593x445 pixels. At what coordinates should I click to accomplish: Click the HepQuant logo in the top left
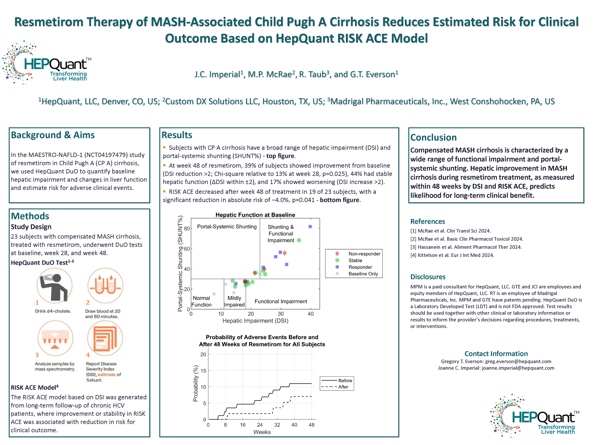47,63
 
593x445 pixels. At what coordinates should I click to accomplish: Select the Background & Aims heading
53,135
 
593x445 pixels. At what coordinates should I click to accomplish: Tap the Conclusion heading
433,137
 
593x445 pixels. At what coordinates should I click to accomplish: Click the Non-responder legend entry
364,254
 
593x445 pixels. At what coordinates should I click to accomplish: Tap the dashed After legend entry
343,387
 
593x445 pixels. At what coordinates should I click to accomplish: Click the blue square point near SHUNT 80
310,227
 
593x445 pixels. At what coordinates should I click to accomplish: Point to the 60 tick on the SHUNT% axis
187,249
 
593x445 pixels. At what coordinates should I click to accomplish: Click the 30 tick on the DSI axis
281,314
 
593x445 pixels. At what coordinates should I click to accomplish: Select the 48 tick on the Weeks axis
312,425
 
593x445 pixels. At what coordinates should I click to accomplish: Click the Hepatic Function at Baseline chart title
255,215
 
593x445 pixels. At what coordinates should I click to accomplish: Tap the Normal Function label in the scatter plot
202,302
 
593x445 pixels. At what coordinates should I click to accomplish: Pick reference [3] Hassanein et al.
466,247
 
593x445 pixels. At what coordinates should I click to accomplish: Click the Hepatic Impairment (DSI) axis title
255,321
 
